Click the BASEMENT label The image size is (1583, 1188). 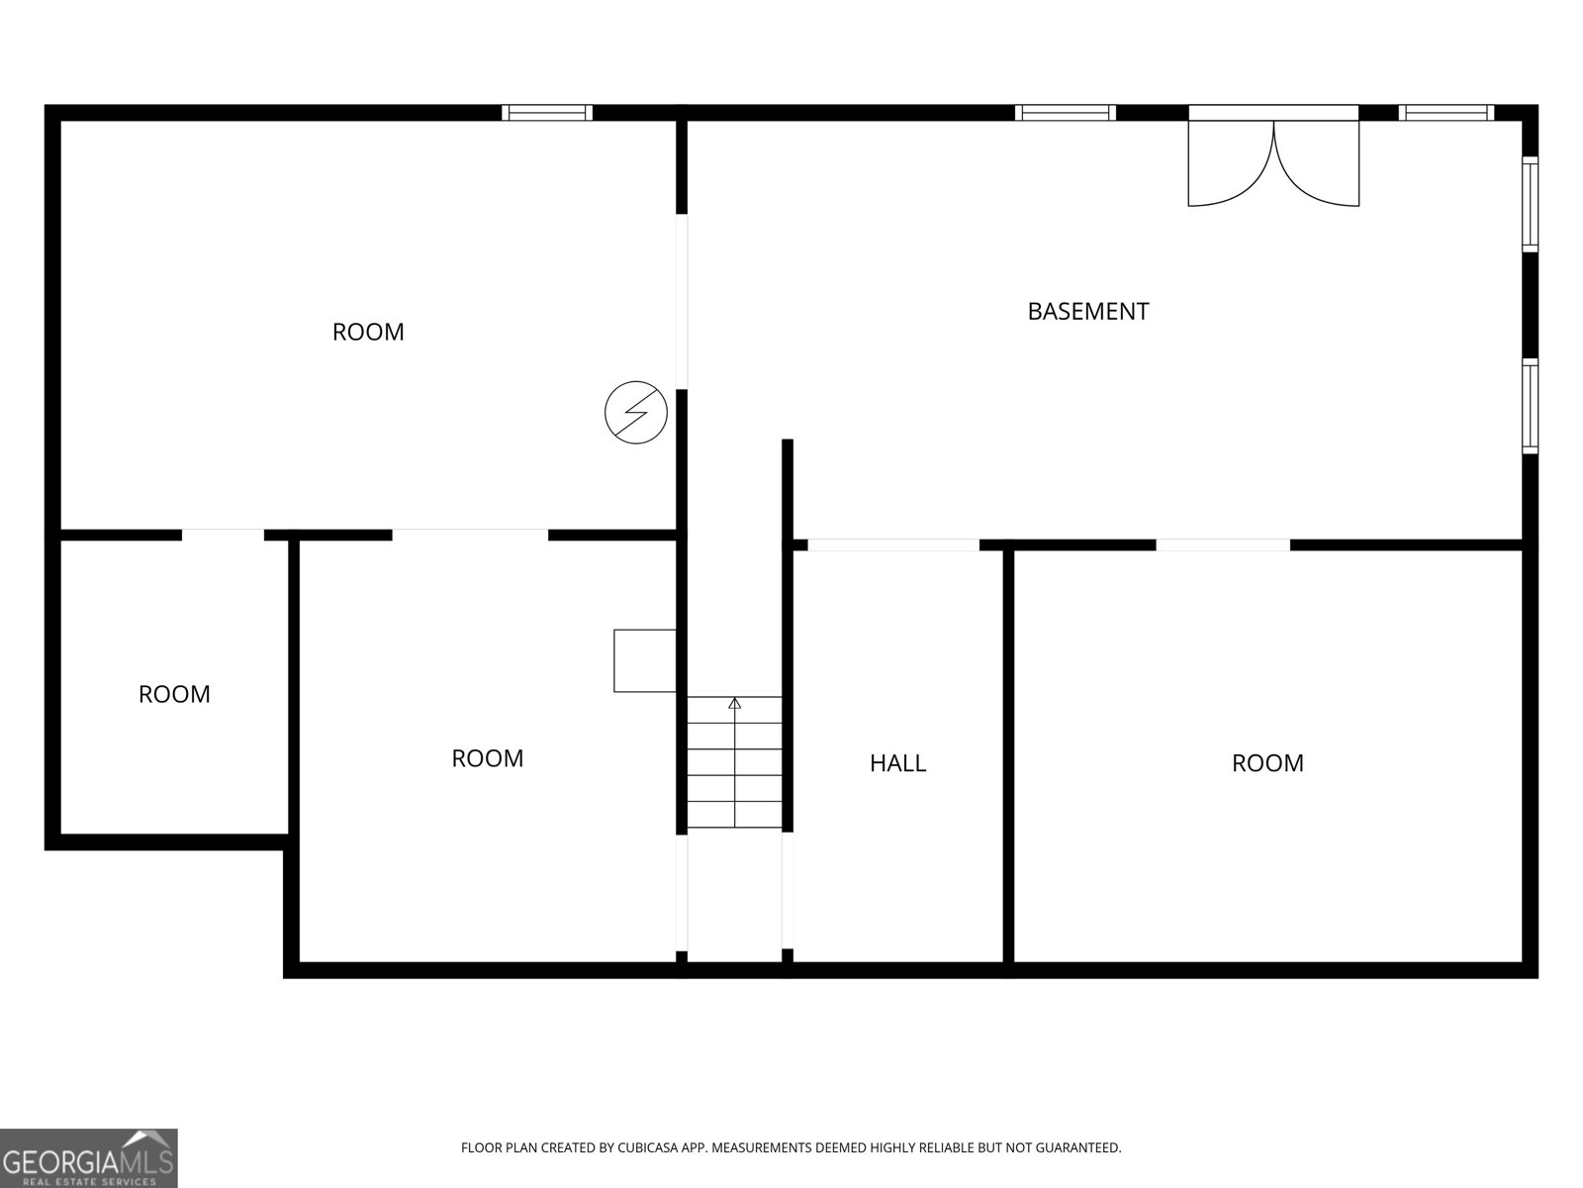point(1087,311)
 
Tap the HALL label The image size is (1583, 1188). point(897,763)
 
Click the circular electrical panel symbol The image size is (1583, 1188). point(635,412)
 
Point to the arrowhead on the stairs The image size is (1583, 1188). point(734,703)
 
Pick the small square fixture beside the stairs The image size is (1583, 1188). point(644,660)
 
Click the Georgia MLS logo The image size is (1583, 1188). point(89,1157)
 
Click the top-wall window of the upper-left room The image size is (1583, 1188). point(547,112)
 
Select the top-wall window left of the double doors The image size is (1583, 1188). point(1066,112)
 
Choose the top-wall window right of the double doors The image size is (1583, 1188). point(1445,112)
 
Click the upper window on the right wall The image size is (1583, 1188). point(1531,204)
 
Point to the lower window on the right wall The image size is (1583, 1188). point(1531,407)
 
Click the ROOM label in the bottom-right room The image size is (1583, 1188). point(1267,763)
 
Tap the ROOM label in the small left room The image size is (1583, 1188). point(174,694)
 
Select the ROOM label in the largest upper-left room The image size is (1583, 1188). point(368,332)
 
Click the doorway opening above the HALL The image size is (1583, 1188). point(893,544)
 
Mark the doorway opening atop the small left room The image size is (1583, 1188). point(223,535)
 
